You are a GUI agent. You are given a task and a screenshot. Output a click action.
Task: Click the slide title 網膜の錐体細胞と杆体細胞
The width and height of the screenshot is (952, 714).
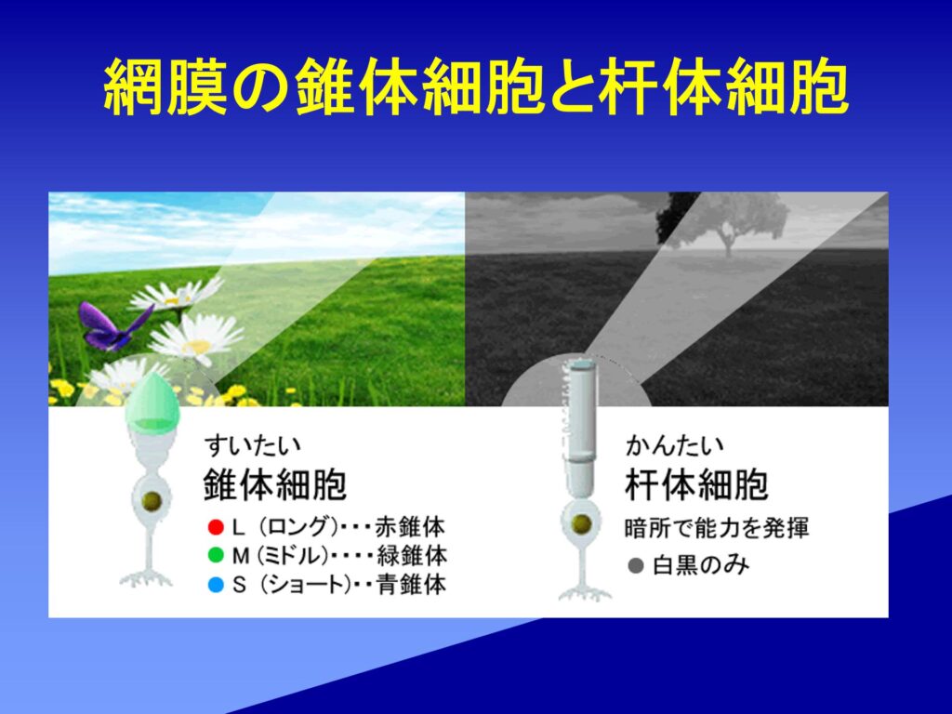coord(475,86)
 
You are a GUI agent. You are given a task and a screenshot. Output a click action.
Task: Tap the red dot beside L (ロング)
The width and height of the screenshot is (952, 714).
coord(216,527)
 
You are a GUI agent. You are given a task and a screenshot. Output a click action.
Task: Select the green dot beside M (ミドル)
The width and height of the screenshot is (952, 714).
coord(216,556)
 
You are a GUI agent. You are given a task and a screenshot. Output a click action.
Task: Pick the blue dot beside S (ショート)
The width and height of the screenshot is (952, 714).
coord(216,585)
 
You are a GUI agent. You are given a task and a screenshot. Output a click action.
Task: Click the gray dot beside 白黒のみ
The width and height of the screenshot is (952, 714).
coord(636,566)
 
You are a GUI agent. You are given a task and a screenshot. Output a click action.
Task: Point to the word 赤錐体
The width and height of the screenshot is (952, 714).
coord(410,527)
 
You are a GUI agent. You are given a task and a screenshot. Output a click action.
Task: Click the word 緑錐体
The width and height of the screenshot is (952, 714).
coord(412,556)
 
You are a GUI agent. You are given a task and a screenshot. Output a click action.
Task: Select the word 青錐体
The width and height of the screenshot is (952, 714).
coord(410,585)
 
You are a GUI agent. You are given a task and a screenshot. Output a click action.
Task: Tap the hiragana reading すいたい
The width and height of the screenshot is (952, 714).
coord(253,445)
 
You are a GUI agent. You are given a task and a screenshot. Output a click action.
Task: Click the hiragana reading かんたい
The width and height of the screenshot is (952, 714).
coord(675,445)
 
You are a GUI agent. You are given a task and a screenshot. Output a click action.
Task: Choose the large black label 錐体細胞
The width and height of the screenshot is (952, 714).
coord(274,483)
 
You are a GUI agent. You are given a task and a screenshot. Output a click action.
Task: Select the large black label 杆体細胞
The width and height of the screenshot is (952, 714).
coord(696,483)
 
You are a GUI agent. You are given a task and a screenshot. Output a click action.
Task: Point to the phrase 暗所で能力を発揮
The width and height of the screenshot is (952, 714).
coord(717,528)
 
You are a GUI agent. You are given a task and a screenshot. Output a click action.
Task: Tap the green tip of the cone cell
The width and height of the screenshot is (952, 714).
coord(152,403)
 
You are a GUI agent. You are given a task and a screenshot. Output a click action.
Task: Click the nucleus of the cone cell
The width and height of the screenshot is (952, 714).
coord(152,501)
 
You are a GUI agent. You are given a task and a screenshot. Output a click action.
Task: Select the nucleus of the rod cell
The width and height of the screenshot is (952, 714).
coord(581,524)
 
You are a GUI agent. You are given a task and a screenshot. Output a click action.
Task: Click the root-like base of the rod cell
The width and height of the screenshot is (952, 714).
coord(584,592)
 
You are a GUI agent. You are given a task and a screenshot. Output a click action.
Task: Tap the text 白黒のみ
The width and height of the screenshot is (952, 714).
coord(701,566)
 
